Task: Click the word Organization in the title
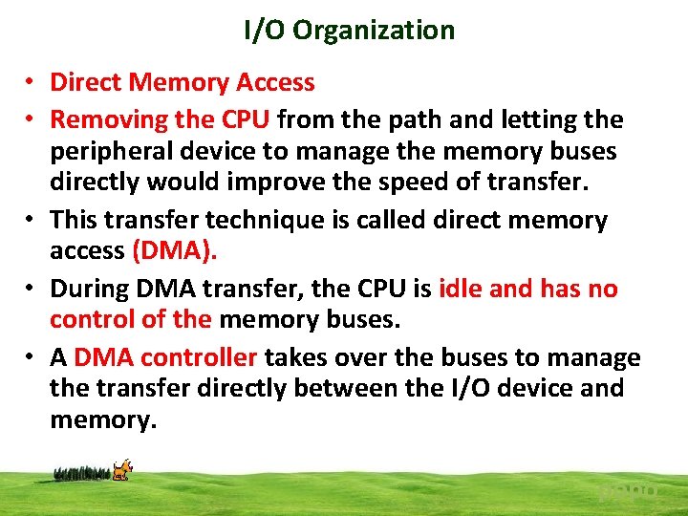(374, 31)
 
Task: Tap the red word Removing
(109, 120)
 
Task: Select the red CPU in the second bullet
(247, 120)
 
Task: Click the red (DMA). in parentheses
(175, 250)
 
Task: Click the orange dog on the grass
(121, 469)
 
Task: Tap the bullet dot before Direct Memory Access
(32, 83)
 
